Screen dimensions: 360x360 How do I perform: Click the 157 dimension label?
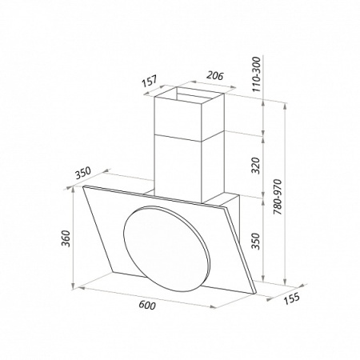(x=150, y=82)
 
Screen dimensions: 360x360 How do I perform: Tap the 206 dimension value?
(x=214, y=76)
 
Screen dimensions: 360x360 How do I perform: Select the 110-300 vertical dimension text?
(x=256, y=74)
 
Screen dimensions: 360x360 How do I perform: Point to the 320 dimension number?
(x=256, y=166)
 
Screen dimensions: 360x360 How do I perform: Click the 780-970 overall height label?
(x=278, y=197)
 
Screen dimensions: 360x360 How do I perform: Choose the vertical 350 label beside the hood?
(x=256, y=241)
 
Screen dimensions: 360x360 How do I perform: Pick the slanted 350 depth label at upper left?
(x=83, y=173)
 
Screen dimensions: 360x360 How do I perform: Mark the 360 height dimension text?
(x=66, y=238)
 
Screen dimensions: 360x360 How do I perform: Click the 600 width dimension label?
(x=147, y=305)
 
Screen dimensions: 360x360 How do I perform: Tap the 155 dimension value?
(x=291, y=298)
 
